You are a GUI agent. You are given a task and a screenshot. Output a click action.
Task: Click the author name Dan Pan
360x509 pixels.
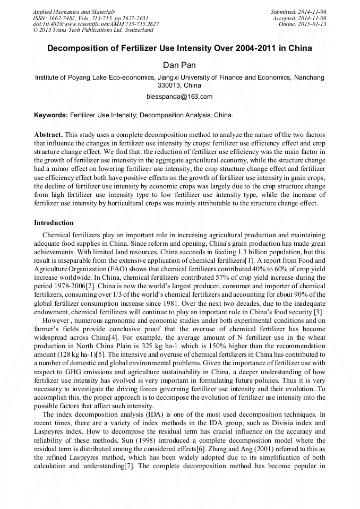[179, 65]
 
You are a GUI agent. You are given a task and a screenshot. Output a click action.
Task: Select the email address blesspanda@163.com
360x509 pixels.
[179, 97]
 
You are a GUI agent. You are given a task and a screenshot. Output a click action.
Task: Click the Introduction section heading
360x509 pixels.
[54, 223]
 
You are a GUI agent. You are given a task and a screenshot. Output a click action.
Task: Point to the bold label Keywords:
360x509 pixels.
[51, 115]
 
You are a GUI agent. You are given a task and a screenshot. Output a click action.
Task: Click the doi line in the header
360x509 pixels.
[96, 24]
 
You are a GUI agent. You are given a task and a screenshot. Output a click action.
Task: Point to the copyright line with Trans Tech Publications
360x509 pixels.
[93, 30]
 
